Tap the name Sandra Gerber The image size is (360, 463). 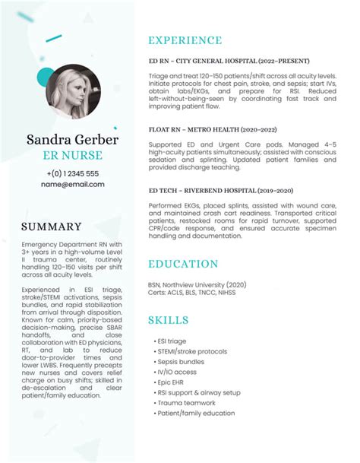72,140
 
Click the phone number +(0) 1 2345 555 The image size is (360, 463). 72,173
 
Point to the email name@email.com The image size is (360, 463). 72,184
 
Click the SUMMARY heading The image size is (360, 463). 51,227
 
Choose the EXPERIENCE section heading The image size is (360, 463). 185,40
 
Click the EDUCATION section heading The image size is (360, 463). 183,264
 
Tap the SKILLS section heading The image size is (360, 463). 169,319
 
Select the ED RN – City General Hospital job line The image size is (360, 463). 229,61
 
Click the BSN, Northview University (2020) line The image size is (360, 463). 197,284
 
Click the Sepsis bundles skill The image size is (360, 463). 181,362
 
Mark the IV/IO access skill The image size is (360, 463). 178,373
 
